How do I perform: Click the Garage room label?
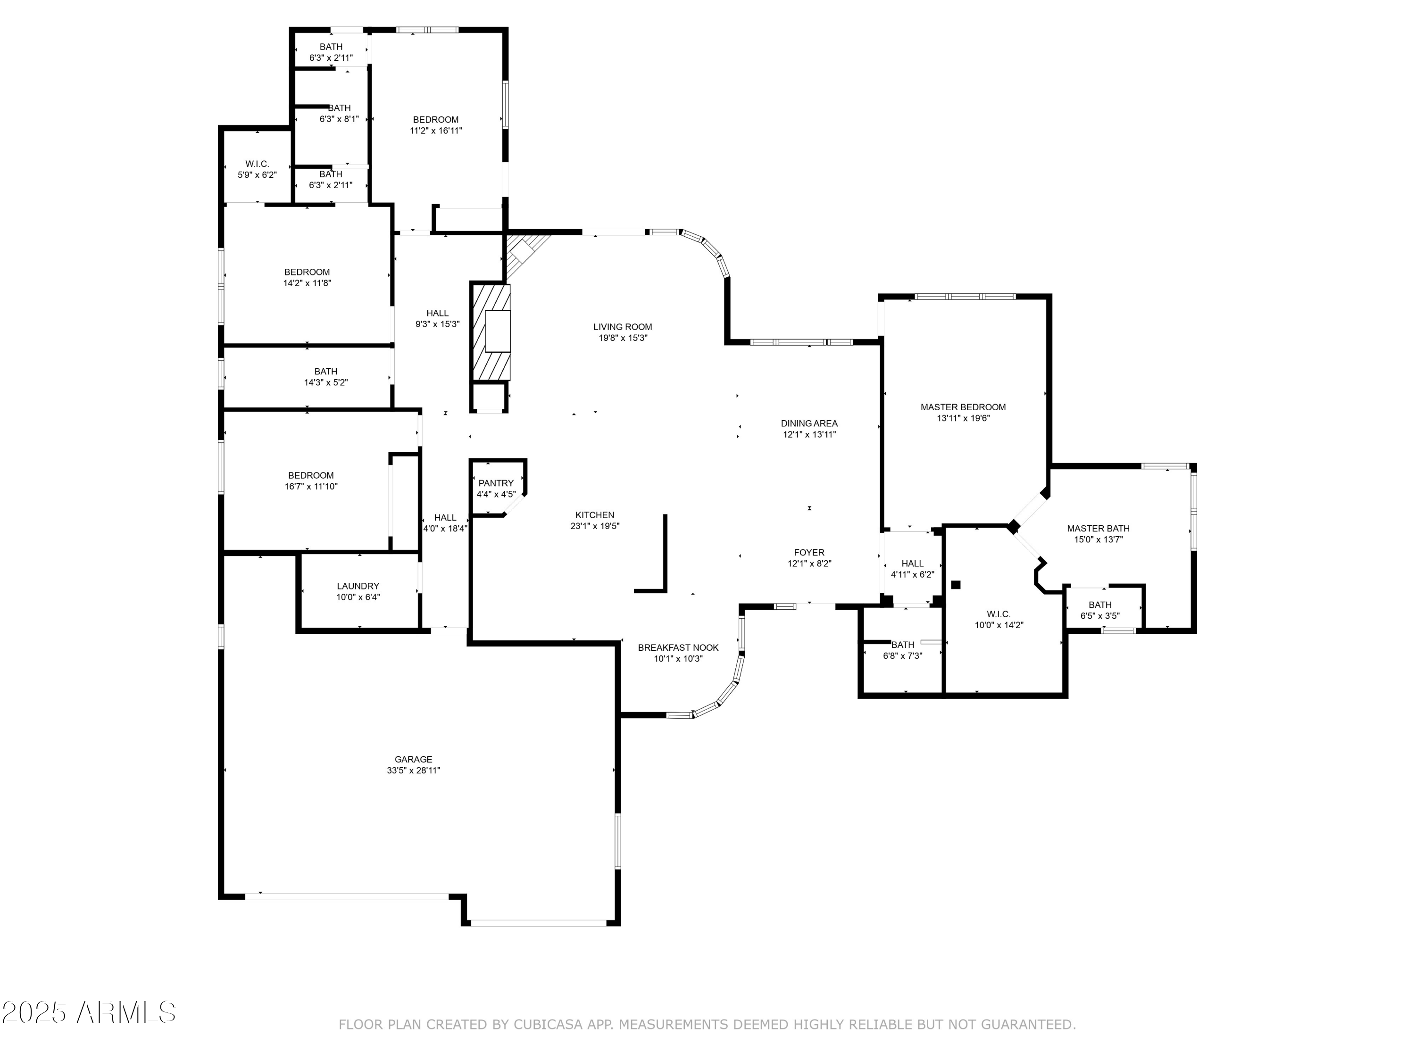pos(413,759)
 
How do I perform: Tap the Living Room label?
pos(623,327)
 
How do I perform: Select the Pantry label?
pos(496,483)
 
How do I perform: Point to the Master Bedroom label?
pos(963,407)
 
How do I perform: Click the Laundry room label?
pos(358,586)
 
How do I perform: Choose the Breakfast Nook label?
pos(678,647)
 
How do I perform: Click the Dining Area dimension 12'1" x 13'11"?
pos(809,435)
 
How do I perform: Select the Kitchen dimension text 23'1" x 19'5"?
pos(595,526)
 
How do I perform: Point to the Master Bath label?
pos(1098,528)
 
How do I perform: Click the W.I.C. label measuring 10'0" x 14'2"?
pos(999,614)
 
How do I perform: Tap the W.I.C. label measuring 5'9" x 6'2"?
pos(257,164)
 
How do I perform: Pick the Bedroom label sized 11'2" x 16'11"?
pos(436,120)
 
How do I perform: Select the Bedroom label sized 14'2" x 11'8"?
pos(307,272)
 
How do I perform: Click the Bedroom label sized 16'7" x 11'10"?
pos(311,475)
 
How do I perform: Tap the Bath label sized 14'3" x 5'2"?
pos(325,371)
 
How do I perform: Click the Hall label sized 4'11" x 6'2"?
pos(912,564)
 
